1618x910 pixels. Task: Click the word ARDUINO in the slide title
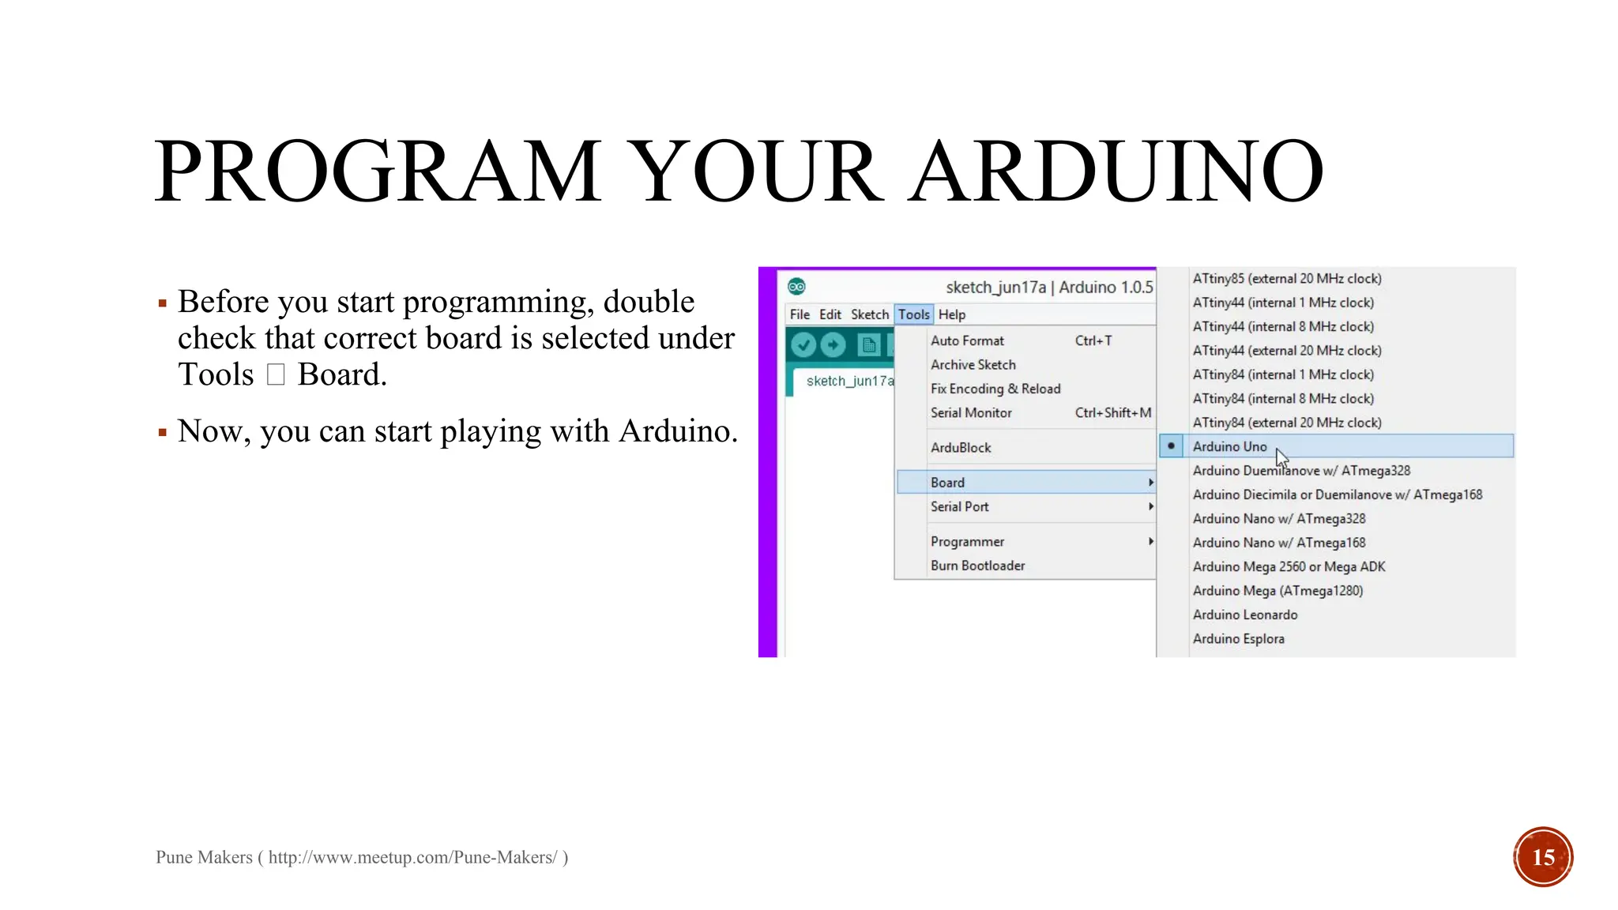[x=1116, y=171]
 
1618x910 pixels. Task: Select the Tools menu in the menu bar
[x=914, y=314]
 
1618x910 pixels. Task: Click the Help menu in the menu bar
[x=952, y=314]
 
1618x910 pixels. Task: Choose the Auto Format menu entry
[x=967, y=340]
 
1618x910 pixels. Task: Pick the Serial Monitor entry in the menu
[x=971, y=412]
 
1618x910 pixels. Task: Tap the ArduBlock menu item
[x=961, y=447]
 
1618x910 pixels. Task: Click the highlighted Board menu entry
[x=947, y=483]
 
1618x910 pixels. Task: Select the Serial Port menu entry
[x=959, y=506]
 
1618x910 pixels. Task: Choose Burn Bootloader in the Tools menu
[x=977, y=566]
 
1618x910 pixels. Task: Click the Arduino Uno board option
[x=1229, y=446]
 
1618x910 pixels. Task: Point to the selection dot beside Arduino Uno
[x=1171, y=446]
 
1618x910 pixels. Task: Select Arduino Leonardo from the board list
[x=1244, y=615]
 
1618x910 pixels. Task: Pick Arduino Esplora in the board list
[x=1238, y=638]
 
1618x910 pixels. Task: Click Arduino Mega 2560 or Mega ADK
[x=1289, y=566]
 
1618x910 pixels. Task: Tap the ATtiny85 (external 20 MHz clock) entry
[x=1286, y=278]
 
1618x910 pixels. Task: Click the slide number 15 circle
[x=1543, y=857]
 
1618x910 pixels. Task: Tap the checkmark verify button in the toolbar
[x=803, y=345]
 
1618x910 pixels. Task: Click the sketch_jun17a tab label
[x=849, y=381]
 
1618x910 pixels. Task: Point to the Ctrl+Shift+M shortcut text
[x=1112, y=412]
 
